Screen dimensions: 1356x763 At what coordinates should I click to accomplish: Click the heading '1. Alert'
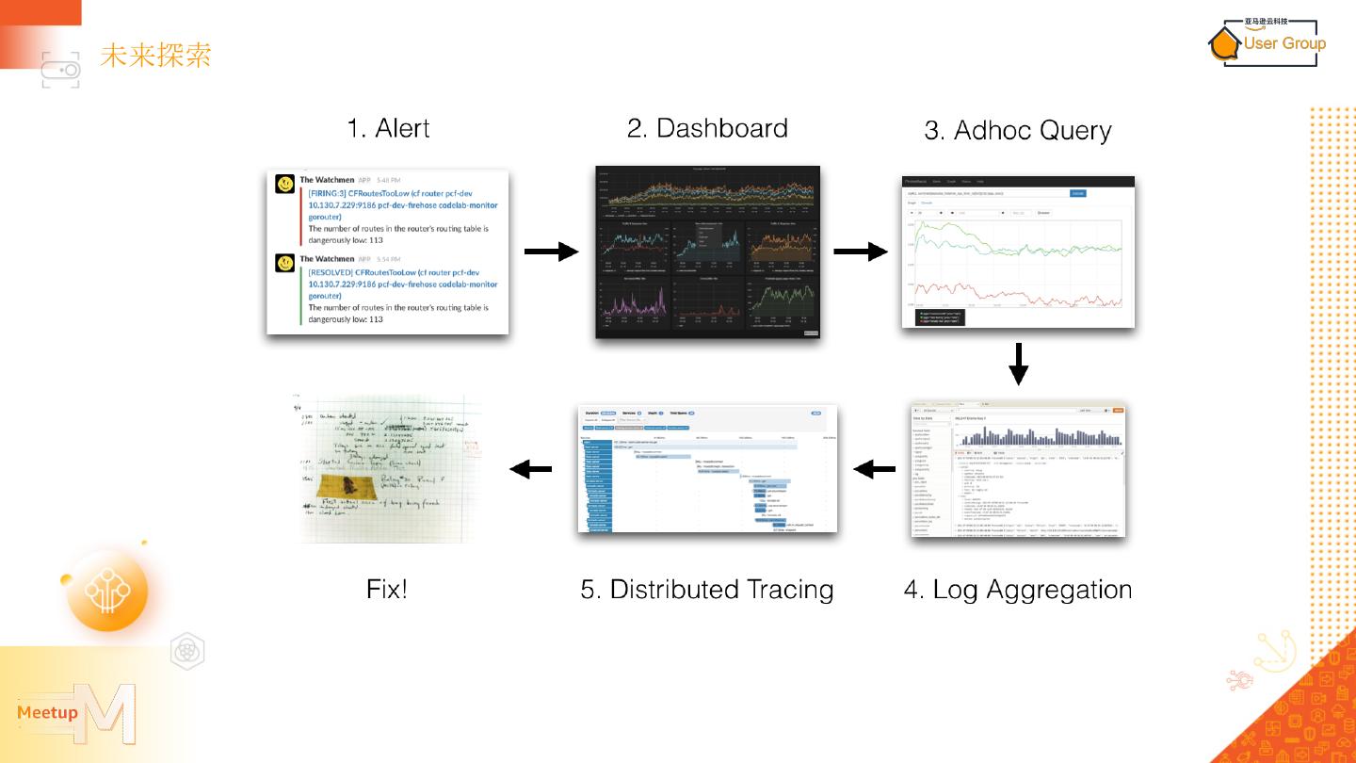388,128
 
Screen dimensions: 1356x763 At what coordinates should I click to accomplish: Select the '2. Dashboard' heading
707,128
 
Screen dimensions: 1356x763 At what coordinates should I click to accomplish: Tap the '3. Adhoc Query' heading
1017,131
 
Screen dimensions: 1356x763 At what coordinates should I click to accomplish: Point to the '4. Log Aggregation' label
1017,590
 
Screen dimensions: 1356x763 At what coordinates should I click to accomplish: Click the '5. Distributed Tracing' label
707,590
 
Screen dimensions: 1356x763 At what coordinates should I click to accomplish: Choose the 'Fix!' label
387,590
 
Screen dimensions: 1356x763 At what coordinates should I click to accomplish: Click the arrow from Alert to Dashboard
551,252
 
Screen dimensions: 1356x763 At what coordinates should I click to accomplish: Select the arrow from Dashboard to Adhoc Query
861,252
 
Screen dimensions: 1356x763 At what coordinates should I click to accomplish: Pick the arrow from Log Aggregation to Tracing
875,468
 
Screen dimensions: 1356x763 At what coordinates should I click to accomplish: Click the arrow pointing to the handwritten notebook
530,468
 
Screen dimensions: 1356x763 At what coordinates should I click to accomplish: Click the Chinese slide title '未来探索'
155,55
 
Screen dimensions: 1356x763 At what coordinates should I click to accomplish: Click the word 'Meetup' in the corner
47,712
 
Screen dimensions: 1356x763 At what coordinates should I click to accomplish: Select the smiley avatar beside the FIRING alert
284,185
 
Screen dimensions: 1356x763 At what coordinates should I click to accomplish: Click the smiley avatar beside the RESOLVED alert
284,264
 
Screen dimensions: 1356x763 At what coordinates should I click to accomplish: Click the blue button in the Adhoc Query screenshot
1077,193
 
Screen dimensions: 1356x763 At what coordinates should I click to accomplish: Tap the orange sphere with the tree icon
107,591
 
